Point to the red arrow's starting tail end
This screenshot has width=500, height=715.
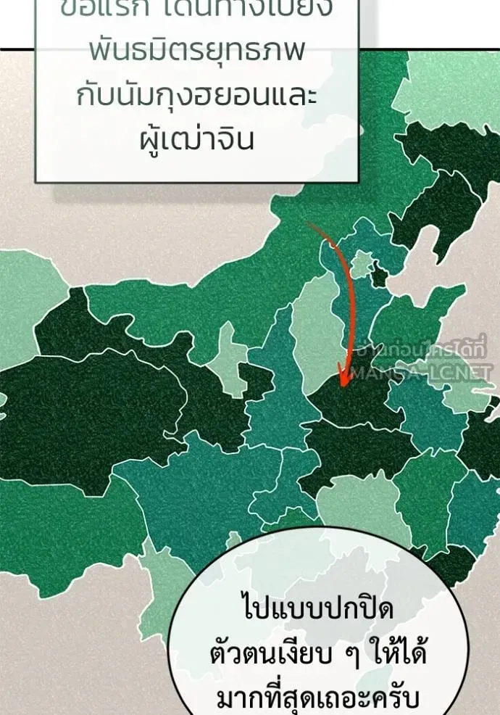pyautogui.click(x=311, y=223)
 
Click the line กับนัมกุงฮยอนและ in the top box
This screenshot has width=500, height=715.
pyautogui.click(x=197, y=96)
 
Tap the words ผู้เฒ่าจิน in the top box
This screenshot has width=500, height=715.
pyautogui.click(x=197, y=139)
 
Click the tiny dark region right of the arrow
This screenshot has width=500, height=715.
pyautogui.click(x=378, y=276)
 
